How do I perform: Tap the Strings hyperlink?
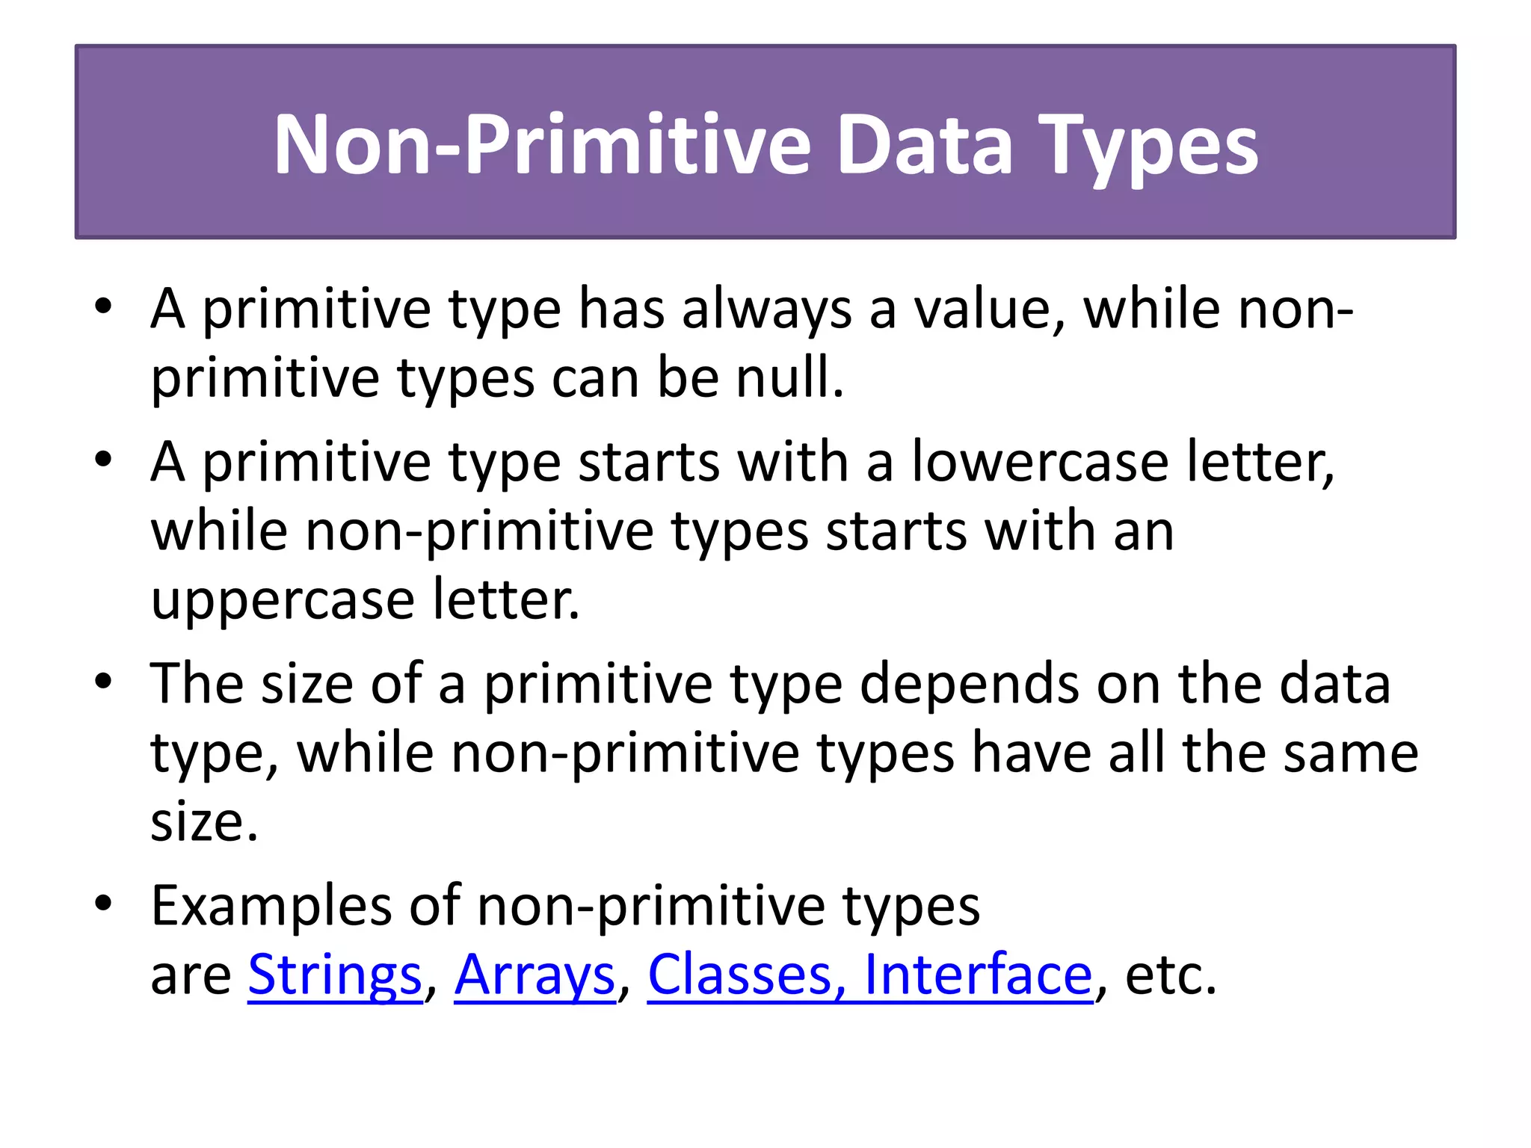335,975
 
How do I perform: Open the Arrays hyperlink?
535,975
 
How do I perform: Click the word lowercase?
1040,462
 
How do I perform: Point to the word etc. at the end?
1171,975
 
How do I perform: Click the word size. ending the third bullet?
204,822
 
